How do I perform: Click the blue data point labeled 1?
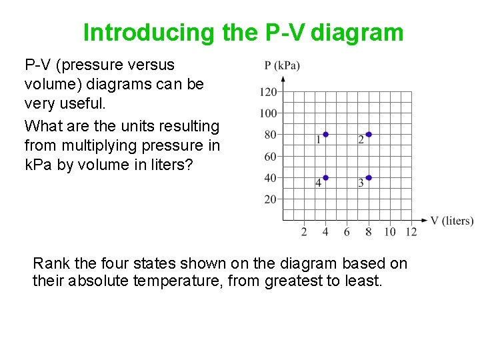(325, 135)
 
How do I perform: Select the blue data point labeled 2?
(369, 135)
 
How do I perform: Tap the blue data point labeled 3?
(369, 178)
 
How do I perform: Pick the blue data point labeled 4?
(325, 178)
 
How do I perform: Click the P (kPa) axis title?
(282, 65)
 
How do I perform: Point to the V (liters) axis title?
(452, 221)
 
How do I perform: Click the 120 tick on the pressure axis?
(268, 92)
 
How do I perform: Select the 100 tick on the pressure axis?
(268, 113)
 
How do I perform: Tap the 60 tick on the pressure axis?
(270, 157)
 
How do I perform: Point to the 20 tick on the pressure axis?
(270, 199)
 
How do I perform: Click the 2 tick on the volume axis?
(304, 232)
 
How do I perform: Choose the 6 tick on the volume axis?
(347, 232)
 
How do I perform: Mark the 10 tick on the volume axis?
(390, 232)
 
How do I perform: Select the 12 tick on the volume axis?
(411, 232)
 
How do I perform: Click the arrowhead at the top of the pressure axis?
(283, 79)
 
